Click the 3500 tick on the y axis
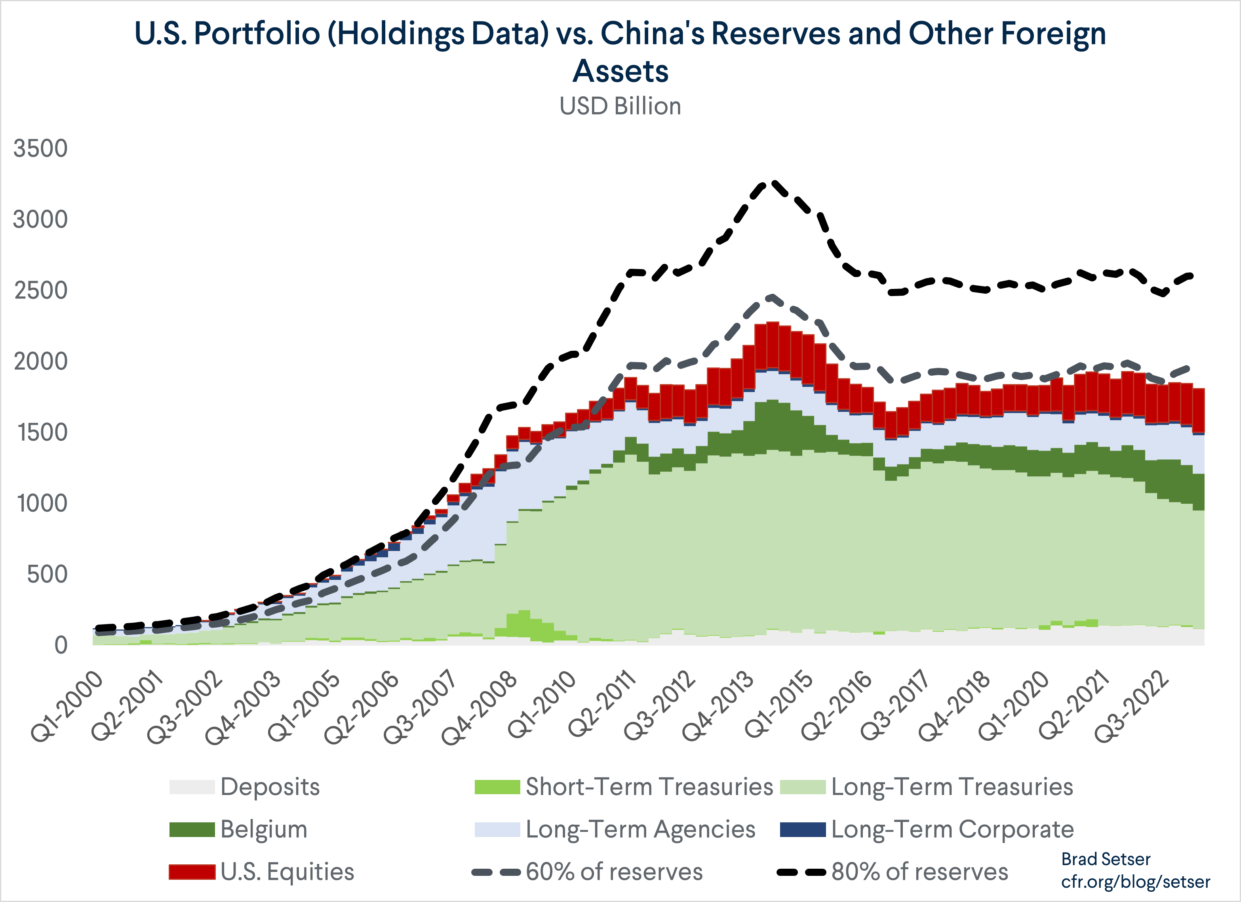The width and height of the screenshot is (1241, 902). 40,148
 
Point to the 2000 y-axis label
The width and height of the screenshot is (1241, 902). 40,361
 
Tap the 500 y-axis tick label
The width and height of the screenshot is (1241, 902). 47,575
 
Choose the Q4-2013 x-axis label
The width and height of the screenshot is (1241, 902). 718,707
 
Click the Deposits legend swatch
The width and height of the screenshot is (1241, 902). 192,787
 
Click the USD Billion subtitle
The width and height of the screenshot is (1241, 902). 620,106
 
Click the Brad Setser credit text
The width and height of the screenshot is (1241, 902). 1105,859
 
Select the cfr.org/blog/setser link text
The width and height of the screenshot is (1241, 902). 1135,882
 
